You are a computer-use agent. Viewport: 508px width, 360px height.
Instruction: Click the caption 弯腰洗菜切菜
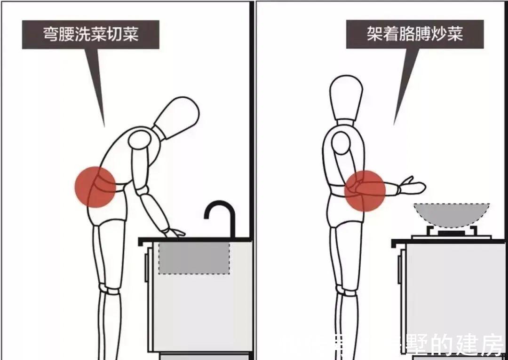[x=91, y=34]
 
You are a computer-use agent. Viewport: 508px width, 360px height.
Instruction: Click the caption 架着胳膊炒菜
[x=414, y=34]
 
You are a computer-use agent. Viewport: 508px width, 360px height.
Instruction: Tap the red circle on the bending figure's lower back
[x=95, y=187]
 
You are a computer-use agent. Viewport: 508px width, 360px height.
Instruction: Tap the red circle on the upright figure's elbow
[x=365, y=190]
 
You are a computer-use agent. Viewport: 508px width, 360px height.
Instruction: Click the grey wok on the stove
[x=451, y=214]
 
